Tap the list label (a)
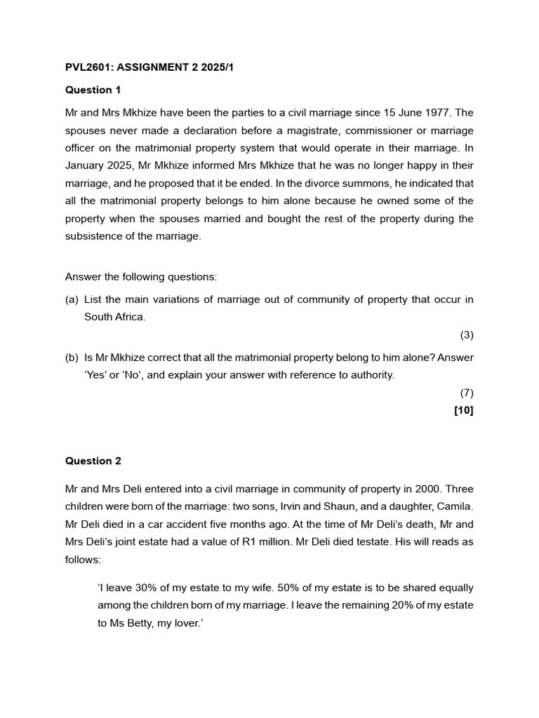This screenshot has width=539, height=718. (x=72, y=299)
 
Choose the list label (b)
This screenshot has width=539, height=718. (x=72, y=357)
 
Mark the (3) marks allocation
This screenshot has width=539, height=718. (x=467, y=335)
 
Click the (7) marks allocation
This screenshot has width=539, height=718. (x=467, y=393)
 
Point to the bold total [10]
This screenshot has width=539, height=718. (x=464, y=411)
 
